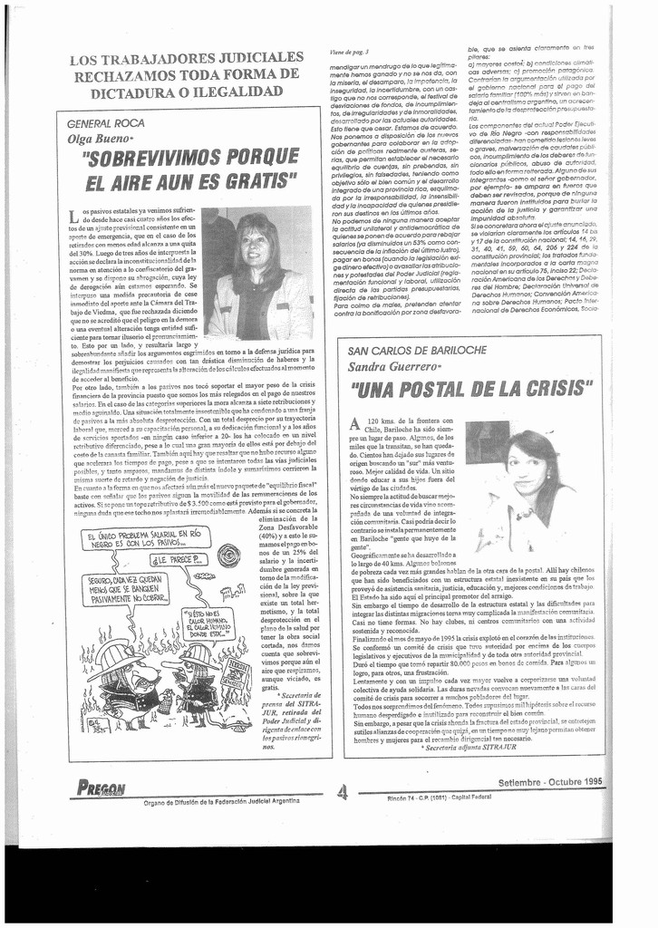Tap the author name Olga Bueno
click(100, 139)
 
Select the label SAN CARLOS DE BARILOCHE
click(418, 350)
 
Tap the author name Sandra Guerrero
click(395, 366)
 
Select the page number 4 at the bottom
click(342, 792)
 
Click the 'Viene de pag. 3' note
click(349, 53)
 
